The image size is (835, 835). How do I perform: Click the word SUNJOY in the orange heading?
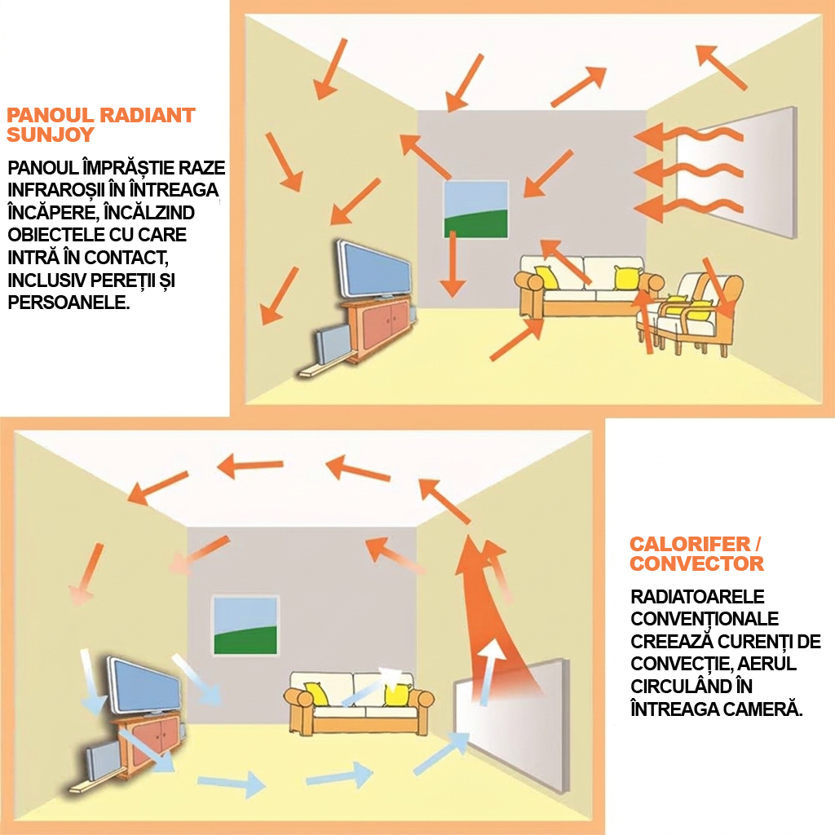coord(51,135)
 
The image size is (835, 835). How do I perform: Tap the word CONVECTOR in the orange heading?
coord(696,563)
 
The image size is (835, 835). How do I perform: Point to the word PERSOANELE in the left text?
coord(68,302)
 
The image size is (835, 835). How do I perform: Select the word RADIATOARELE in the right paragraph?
coord(697,596)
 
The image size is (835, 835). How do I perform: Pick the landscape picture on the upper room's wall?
coord(476,210)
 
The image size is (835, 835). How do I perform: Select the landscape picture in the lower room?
coord(245,625)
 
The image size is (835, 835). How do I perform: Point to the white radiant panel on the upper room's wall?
coord(737,172)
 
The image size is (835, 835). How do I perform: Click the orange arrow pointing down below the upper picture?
coord(453,264)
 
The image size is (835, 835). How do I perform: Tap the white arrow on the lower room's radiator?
coord(490,671)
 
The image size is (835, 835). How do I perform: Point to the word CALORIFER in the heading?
coord(690,544)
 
